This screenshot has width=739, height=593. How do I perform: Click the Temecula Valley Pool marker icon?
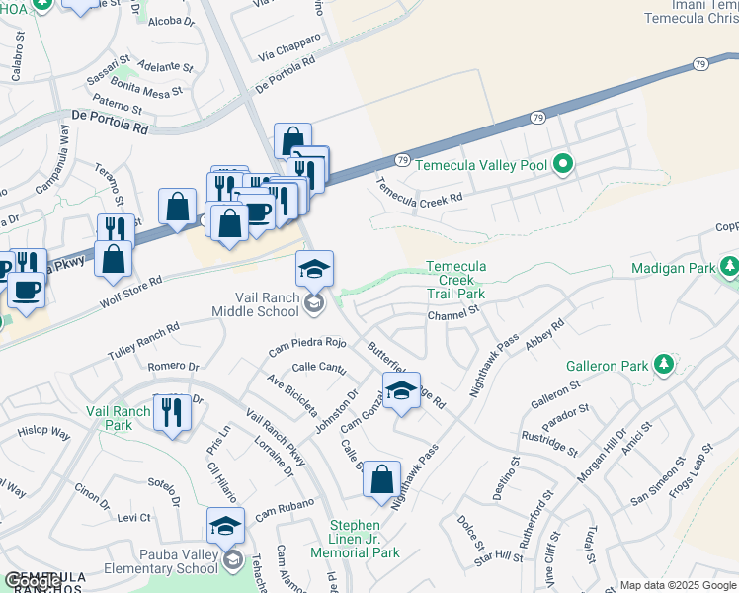coord(564,163)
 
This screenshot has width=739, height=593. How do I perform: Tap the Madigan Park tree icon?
coord(730,266)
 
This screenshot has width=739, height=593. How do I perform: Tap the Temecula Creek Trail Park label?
coord(455,280)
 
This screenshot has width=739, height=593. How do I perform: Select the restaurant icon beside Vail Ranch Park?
coord(172,411)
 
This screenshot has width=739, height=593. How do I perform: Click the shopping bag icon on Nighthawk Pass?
coord(381,480)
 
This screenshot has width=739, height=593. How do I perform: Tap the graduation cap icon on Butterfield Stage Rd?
coord(401,391)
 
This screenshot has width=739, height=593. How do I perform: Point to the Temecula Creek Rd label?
coord(419,190)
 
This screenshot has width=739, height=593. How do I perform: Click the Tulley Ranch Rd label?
coord(143,342)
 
